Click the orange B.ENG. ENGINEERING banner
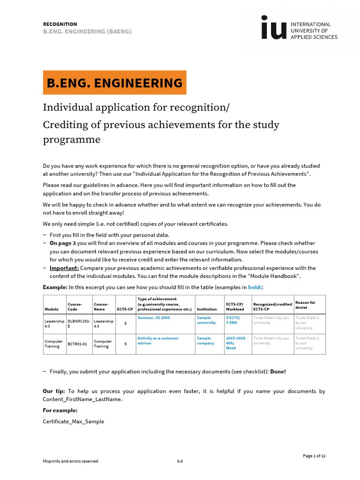(x=114, y=83)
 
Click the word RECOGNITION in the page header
(x=60, y=24)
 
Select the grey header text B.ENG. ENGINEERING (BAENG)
(x=87, y=31)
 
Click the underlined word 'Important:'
(x=64, y=268)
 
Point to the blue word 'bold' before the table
(x=254, y=287)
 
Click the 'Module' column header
(x=52, y=309)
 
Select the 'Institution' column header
(x=207, y=309)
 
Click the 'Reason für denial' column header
(x=305, y=305)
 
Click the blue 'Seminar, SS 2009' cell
(x=154, y=318)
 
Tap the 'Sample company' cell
(x=205, y=341)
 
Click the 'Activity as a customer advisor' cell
(x=157, y=341)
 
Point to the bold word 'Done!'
(x=277, y=371)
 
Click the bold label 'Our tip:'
(x=54, y=391)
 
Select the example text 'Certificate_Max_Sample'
(x=74, y=421)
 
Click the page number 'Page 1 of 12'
(x=314, y=456)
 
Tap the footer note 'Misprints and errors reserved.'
(x=71, y=461)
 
